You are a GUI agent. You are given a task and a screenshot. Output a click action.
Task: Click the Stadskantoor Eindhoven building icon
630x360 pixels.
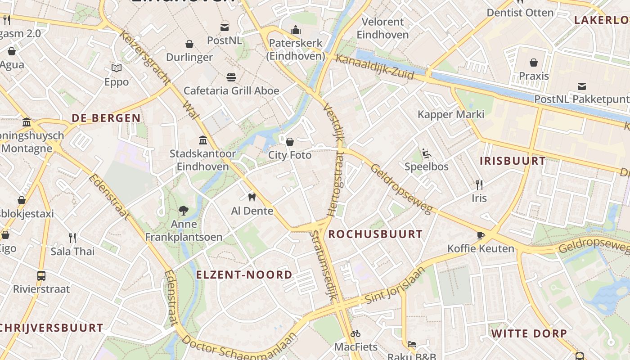coord(203,140)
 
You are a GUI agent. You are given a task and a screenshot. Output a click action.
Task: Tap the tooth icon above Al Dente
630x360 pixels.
coord(252,197)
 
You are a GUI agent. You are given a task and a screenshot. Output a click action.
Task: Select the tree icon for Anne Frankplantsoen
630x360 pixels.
coord(183,210)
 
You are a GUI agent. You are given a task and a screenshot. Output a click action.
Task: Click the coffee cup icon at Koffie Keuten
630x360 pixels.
coord(481,235)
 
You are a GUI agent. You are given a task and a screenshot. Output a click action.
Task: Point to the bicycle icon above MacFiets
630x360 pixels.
coord(355,333)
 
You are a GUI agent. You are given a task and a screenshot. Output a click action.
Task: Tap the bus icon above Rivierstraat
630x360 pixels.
coord(41,275)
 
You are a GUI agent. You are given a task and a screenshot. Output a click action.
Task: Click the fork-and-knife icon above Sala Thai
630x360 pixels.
coord(72,238)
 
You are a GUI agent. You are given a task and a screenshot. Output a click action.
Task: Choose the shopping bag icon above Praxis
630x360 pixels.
coord(534,62)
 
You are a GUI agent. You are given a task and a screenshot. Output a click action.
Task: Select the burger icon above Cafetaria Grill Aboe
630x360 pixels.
coord(231,77)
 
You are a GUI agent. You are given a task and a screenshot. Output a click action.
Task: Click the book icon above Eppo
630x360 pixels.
coord(117,68)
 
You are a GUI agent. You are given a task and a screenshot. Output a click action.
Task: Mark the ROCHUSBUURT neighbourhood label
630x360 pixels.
coord(375,234)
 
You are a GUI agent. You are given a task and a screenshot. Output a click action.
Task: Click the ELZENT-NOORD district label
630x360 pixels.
coord(244,274)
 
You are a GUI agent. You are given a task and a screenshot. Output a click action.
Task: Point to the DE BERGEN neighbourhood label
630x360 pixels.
coord(106,118)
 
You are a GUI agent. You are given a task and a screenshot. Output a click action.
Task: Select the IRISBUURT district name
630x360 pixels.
coord(513,161)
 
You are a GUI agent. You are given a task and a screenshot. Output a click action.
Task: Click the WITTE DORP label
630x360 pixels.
coord(529,333)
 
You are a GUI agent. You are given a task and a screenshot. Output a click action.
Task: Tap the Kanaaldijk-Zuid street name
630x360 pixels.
coord(374,67)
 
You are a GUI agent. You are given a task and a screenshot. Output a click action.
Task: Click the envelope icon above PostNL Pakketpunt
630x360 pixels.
coord(582,86)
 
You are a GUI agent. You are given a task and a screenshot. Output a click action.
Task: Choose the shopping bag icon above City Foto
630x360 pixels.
coord(290,142)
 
